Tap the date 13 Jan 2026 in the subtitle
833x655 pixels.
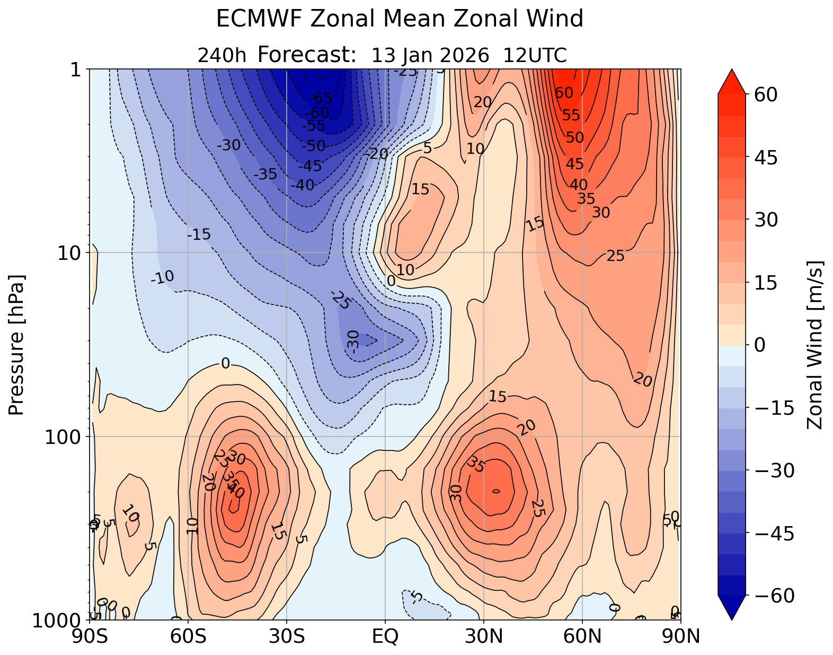click(430, 55)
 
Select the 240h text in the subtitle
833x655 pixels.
click(222, 55)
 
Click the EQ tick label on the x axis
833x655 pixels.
click(385, 636)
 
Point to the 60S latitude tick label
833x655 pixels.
click(188, 636)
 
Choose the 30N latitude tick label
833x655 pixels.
click(484, 636)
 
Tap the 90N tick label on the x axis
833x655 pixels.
click(681, 636)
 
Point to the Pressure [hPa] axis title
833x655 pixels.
click(17, 345)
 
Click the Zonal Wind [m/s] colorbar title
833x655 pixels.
click(815, 345)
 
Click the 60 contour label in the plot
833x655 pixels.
click(564, 93)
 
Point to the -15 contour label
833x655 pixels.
click(199, 234)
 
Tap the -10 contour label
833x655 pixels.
click(162, 277)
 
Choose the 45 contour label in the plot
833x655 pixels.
click(574, 164)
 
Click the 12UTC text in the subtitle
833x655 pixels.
click(535, 55)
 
